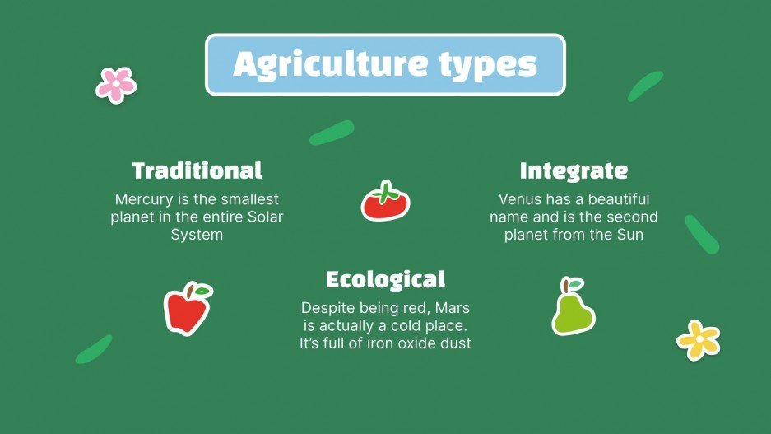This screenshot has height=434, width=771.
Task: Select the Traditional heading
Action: coord(197,171)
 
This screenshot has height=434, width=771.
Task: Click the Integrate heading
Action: coord(574,171)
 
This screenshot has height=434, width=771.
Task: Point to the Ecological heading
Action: coord(385,279)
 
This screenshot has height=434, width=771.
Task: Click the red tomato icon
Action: coord(385,203)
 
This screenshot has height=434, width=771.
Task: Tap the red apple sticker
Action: coord(188,310)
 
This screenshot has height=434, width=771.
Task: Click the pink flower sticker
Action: coord(116,84)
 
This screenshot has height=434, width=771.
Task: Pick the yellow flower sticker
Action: coord(698,339)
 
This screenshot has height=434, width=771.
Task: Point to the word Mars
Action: coord(452,307)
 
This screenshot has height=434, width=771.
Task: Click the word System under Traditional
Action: coord(197,235)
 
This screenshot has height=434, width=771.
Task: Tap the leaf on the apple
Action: coord(202,291)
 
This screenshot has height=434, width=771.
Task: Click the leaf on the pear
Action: coord(575,283)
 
